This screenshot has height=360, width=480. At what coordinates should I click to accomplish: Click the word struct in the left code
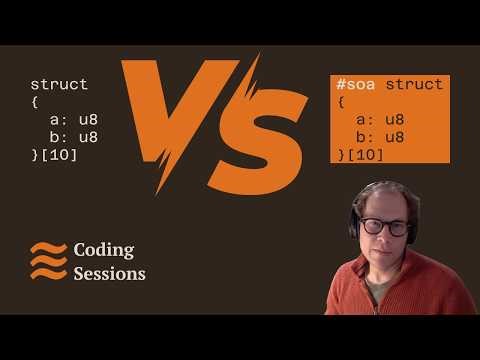59,85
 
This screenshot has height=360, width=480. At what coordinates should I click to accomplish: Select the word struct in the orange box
414,85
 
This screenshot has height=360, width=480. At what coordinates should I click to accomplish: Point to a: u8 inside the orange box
380,120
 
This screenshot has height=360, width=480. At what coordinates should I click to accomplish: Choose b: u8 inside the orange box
380,137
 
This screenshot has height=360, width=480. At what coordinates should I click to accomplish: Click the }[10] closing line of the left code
54,154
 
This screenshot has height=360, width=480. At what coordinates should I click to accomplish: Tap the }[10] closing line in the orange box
361,154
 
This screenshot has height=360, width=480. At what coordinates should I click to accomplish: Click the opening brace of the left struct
35,102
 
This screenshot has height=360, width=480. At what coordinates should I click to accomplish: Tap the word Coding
104,250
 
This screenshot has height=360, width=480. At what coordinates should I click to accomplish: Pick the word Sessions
110,273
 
